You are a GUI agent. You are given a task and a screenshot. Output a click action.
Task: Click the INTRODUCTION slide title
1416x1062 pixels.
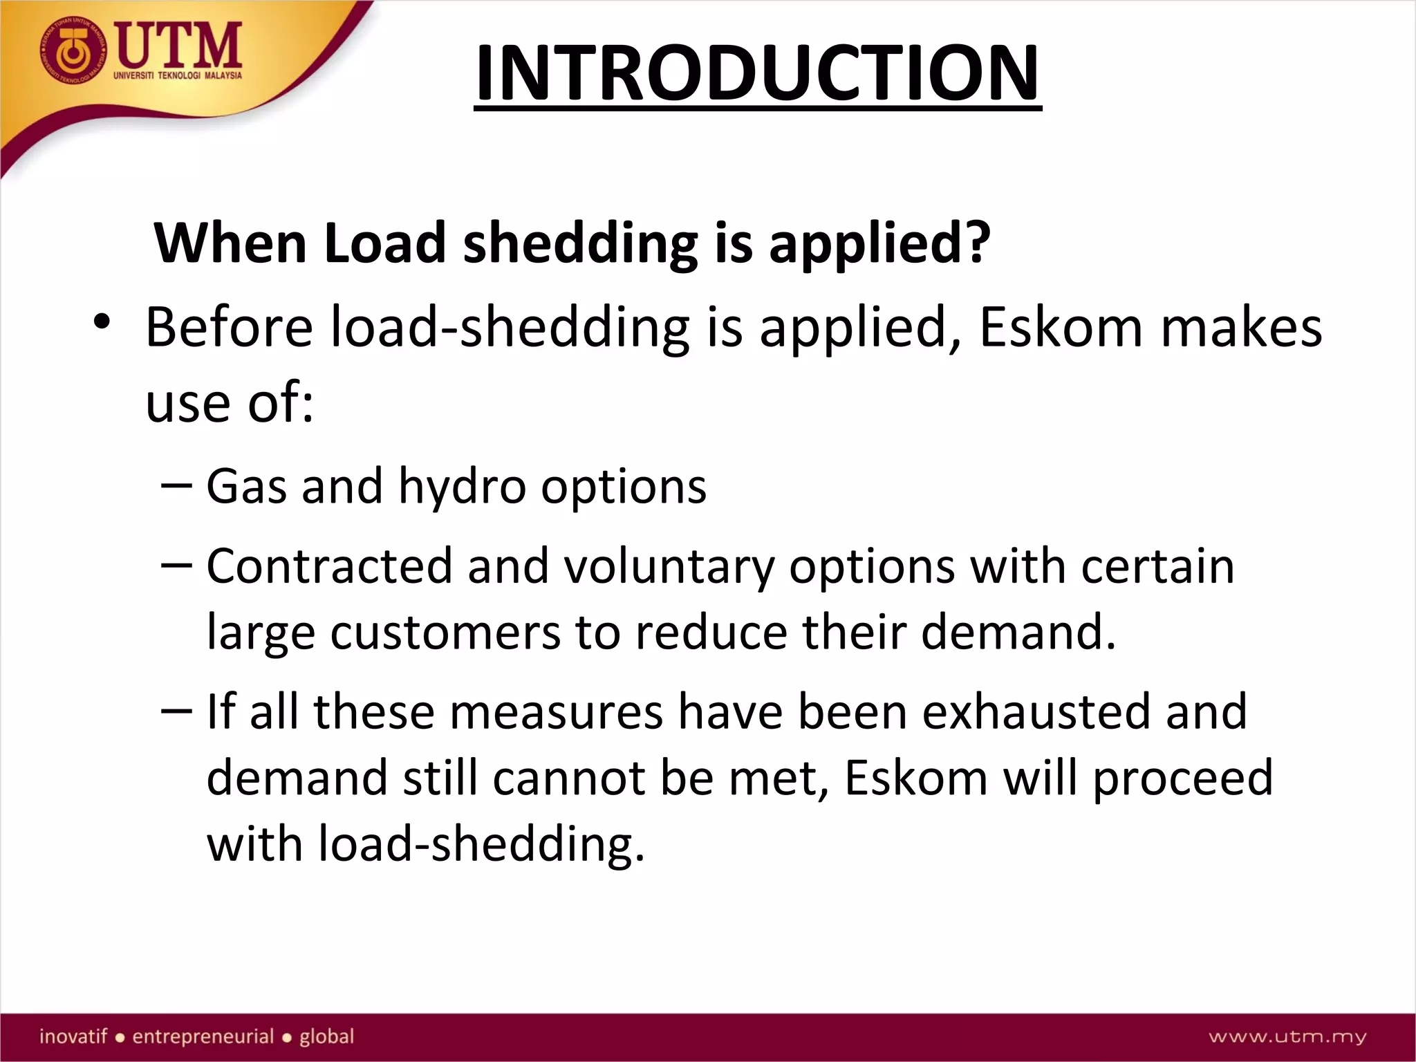(758, 73)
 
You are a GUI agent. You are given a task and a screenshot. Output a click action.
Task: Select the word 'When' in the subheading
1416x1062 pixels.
(230, 243)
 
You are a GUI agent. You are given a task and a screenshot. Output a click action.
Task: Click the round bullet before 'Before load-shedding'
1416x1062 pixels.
(102, 322)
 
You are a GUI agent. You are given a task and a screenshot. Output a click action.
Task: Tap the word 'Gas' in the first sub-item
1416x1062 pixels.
(245, 485)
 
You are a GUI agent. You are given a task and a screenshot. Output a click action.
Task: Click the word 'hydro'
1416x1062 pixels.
(462, 487)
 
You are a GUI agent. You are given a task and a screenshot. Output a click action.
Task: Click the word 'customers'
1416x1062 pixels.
(445, 633)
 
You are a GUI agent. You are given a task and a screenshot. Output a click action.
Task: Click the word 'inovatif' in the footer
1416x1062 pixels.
(73, 1036)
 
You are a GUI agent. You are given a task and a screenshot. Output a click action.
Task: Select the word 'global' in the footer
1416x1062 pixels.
(326, 1036)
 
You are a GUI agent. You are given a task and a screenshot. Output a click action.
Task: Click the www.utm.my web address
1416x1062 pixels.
(1287, 1036)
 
